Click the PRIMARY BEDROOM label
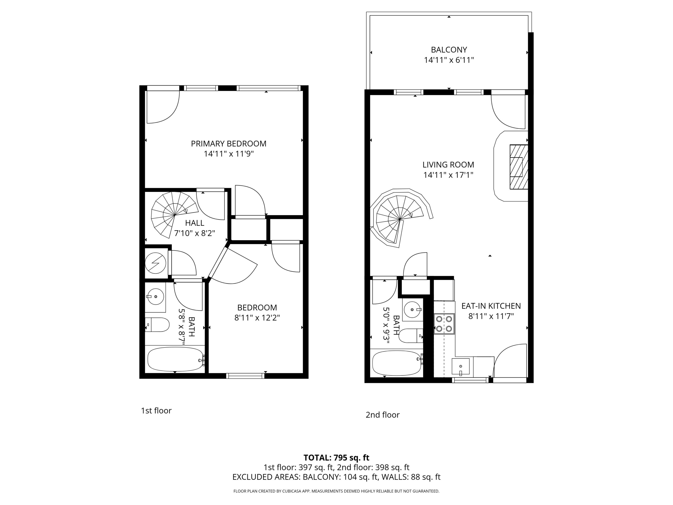(229, 144)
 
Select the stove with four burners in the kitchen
(444, 324)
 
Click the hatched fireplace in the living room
(519, 167)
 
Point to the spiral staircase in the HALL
(175, 215)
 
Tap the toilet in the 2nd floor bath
(411, 336)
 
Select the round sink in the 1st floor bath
(155, 296)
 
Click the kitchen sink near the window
(460, 367)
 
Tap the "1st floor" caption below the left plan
(156, 411)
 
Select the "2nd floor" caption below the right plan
(383, 415)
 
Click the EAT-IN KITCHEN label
(491, 306)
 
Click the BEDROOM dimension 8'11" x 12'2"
(257, 318)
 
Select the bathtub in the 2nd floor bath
(397, 363)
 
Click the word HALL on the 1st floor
(195, 223)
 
